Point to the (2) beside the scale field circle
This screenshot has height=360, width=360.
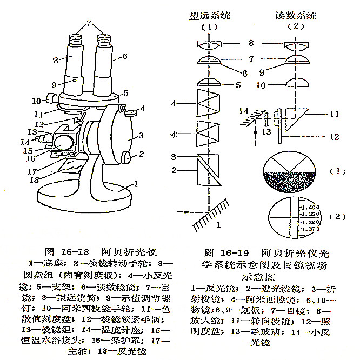click(x=339, y=217)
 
